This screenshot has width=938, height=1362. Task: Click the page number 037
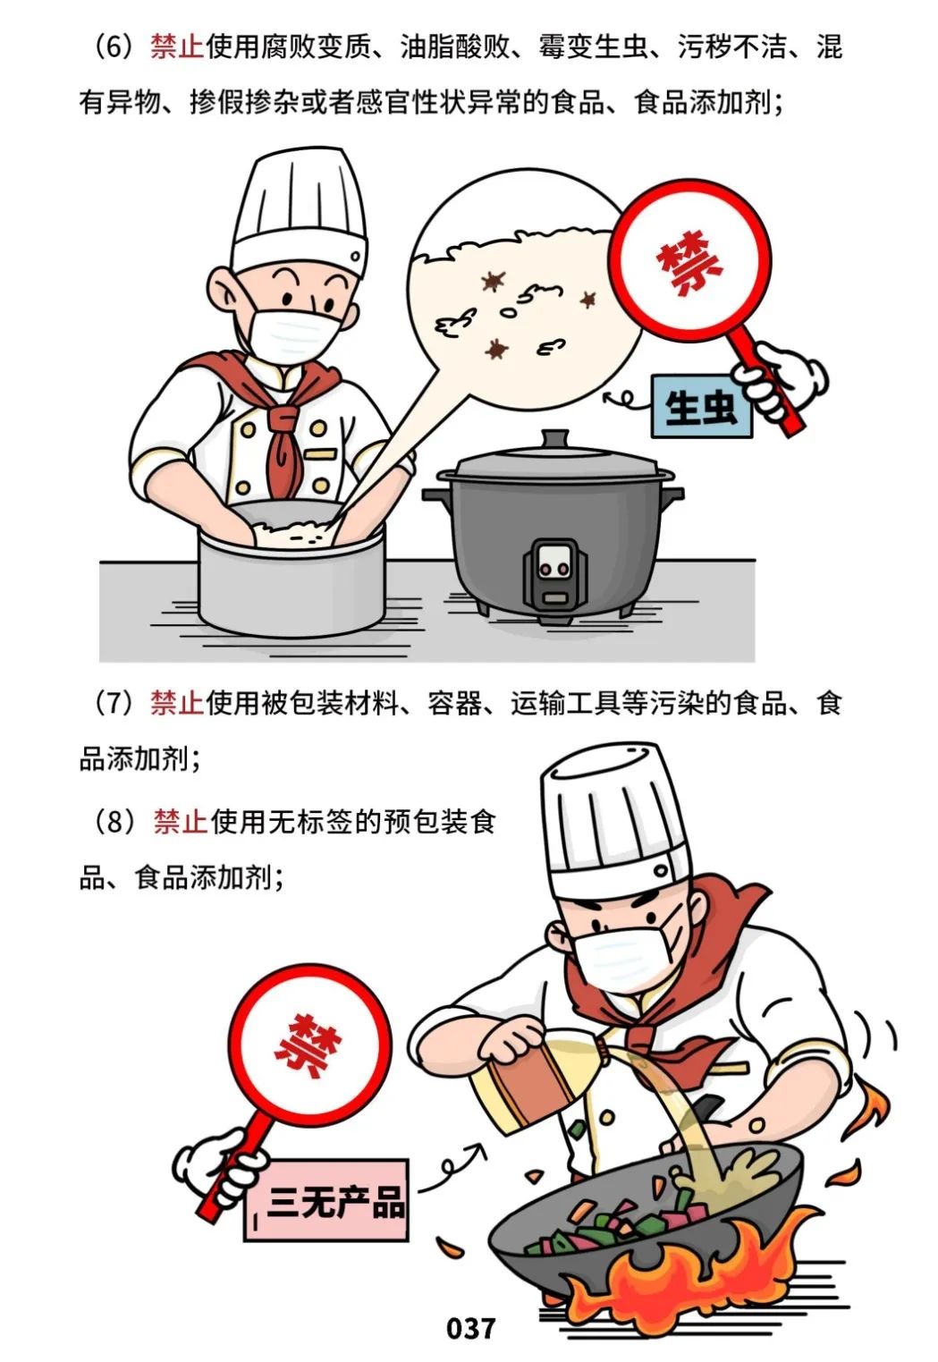pos(470,1327)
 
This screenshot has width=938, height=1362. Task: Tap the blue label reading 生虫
pos(701,408)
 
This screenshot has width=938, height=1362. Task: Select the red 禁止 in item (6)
pos(177,47)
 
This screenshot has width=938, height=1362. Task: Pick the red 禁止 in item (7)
pos(177,704)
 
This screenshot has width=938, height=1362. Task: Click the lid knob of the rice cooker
pos(554,439)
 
